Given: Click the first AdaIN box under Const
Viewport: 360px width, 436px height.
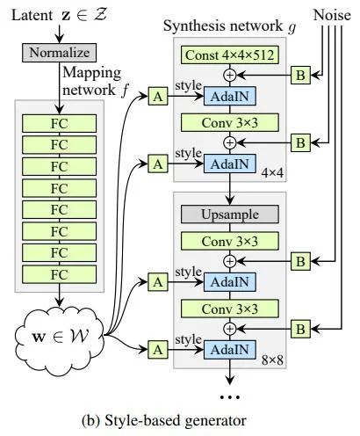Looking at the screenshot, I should tap(230, 96).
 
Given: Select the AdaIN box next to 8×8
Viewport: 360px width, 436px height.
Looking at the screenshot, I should tap(230, 350).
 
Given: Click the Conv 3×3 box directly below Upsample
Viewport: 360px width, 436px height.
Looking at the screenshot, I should tap(229, 240).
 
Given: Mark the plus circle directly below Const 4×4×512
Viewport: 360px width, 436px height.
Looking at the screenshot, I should tap(229, 75).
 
